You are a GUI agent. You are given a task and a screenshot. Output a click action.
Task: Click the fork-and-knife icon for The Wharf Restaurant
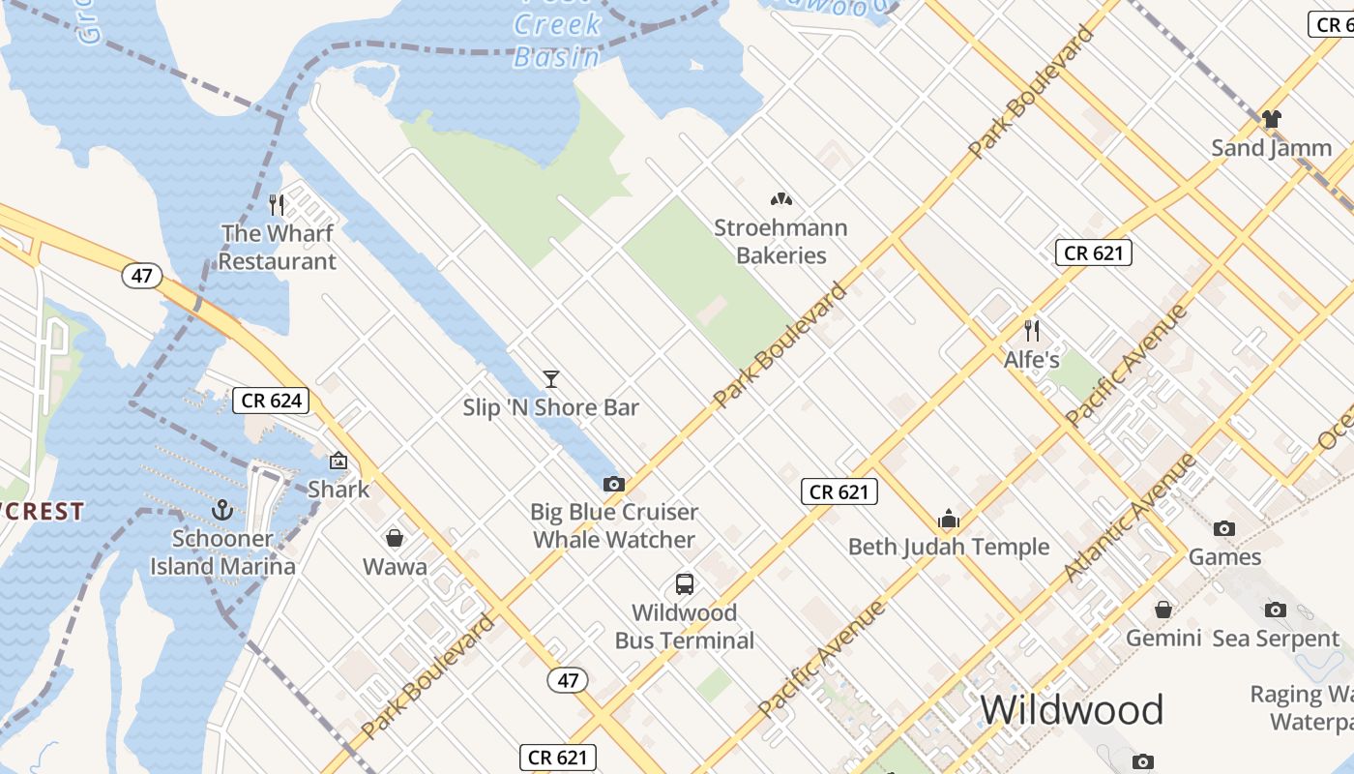277,204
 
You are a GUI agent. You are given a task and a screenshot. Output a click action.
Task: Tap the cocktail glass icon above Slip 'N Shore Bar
551,378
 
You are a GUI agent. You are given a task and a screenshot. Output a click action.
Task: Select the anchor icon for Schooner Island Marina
222,509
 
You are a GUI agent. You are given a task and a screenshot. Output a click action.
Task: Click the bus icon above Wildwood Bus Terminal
684,583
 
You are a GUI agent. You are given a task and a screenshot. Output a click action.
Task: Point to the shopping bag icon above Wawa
395,537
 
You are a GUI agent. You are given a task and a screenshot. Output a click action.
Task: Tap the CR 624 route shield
271,401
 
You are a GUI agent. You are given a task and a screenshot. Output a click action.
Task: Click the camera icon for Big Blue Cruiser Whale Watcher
613,483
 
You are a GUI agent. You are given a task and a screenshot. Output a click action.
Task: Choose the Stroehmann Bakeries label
780,242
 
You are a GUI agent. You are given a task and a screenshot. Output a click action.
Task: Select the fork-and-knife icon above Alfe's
1032,330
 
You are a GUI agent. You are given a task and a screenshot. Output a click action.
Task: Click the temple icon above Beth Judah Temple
948,519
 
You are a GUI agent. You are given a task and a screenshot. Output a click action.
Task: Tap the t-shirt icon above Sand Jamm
1271,119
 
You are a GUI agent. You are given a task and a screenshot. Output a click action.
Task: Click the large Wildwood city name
1072,710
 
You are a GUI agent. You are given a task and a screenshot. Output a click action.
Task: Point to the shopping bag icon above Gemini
1163,610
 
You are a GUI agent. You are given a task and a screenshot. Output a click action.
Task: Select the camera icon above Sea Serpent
1276,610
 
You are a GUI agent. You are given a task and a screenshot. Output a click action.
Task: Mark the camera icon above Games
1224,528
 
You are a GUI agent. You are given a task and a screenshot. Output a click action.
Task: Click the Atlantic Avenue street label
1131,518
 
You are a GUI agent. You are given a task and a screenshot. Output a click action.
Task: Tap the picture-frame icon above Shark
338,461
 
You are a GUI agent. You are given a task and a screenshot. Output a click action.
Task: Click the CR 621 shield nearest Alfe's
1093,253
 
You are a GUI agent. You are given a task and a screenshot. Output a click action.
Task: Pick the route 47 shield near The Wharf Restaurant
142,276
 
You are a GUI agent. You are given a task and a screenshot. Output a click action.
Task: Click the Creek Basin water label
557,41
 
